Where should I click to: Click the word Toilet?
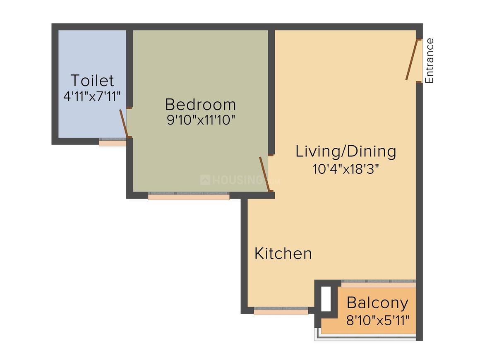pos(92,80)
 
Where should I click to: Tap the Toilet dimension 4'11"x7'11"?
pos(92,96)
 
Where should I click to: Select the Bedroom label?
pos(200,104)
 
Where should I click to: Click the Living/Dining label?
pos(346,151)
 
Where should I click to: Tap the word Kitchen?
pos(283,253)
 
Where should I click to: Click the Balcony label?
pos(377,303)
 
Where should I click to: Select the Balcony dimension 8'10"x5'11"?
pos(377,320)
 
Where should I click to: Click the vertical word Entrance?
pos(430,60)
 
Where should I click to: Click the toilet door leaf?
pos(124,123)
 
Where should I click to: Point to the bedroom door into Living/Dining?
pos(265,174)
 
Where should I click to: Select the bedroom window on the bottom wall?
pos(189,196)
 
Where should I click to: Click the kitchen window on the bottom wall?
pos(281,311)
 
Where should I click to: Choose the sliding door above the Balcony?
pos(378,284)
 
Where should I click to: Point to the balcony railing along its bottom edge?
pos(366,338)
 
